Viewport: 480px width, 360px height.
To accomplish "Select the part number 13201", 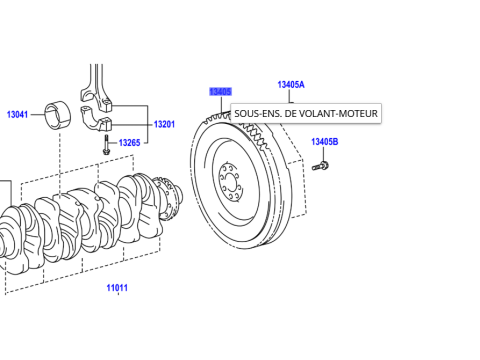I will point(164,125).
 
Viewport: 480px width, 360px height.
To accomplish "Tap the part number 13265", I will point(130,143).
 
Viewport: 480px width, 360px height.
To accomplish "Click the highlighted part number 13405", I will point(220,92).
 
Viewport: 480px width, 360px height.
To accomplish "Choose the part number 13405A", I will point(291,86).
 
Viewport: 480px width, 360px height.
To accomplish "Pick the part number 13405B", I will point(324,142).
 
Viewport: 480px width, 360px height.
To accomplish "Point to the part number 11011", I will point(118,288).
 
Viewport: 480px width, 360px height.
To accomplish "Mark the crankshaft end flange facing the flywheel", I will point(171,198).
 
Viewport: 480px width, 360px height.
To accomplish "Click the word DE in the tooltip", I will point(291,114).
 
